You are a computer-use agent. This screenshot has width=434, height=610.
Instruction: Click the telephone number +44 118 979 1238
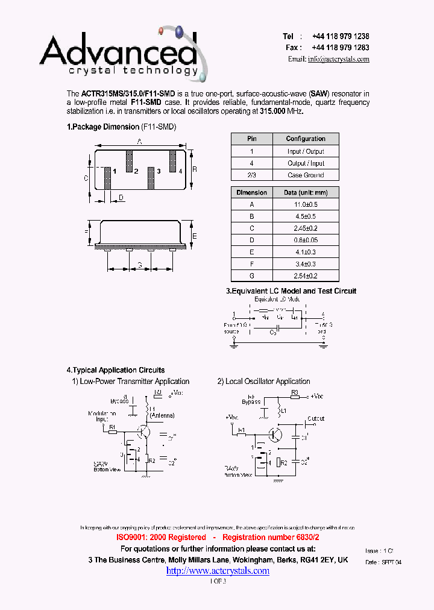[x=341, y=36]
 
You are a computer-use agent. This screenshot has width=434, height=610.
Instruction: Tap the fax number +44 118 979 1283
[x=341, y=48]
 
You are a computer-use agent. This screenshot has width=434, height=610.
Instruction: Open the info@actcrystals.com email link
[x=338, y=59]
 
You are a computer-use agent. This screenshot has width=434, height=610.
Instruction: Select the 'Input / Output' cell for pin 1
[x=306, y=151]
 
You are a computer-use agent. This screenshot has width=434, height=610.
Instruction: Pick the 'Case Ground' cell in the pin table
[x=306, y=175]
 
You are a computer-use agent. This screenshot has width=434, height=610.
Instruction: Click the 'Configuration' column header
[x=306, y=139]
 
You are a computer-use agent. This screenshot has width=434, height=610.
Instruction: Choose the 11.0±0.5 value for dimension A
[x=306, y=204]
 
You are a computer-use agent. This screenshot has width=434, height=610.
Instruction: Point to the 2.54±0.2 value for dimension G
[x=306, y=275]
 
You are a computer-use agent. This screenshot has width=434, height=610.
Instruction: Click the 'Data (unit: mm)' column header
[x=306, y=192]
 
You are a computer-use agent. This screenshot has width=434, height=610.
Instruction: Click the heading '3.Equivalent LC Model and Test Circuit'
[x=291, y=291]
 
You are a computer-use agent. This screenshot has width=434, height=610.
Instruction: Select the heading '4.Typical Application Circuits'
[x=116, y=370]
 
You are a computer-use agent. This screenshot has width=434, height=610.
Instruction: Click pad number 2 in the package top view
[x=136, y=172]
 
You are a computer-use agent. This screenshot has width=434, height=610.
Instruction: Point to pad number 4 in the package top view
[x=180, y=172]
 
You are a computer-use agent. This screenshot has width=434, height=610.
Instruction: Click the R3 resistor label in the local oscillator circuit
[x=295, y=392]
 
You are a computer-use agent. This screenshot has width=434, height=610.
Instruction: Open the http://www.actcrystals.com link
[x=218, y=571]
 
